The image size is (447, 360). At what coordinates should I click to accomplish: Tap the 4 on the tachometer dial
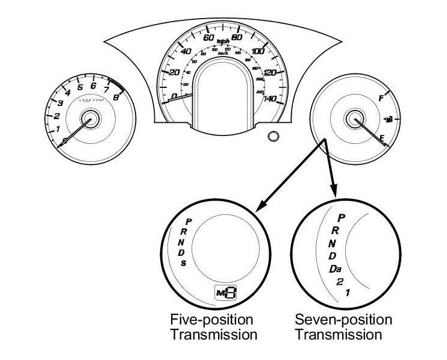click(x=67, y=93)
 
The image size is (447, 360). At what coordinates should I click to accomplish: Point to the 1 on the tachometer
click(x=58, y=129)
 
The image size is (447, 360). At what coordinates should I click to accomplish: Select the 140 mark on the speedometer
click(x=270, y=99)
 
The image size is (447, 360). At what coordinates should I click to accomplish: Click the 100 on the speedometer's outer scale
click(x=258, y=52)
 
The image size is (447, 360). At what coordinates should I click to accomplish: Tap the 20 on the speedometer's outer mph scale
click(x=175, y=73)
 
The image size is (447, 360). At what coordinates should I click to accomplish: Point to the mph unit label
click(x=224, y=42)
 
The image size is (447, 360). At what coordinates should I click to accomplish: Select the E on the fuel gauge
click(x=382, y=138)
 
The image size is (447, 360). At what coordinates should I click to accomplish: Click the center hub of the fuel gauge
click(x=352, y=119)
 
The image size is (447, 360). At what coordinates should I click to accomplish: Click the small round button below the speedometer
click(x=274, y=136)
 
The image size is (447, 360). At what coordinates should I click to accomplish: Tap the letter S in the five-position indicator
click(x=183, y=262)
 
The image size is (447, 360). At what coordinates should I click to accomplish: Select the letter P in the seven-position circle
click(x=341, y=217)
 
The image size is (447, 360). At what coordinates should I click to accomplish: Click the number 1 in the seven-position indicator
click(x=348, y=293)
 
